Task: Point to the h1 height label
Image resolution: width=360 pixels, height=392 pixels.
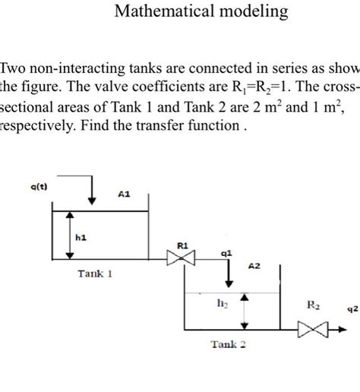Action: coord(81,237)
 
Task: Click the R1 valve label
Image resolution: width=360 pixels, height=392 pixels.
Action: coord(182,246)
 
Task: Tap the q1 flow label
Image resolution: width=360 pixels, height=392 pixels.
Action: coord(226,254)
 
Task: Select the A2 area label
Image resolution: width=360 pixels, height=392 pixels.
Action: coord(254,267)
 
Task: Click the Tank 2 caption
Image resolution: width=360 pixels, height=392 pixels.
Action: coord(229,344)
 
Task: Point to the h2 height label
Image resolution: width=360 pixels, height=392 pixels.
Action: coord(222,305)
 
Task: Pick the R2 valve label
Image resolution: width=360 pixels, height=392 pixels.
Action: coord(313,305)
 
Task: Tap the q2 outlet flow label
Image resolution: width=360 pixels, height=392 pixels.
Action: coord(352,309)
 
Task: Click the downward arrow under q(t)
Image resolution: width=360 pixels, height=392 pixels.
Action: coord(91,192)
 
